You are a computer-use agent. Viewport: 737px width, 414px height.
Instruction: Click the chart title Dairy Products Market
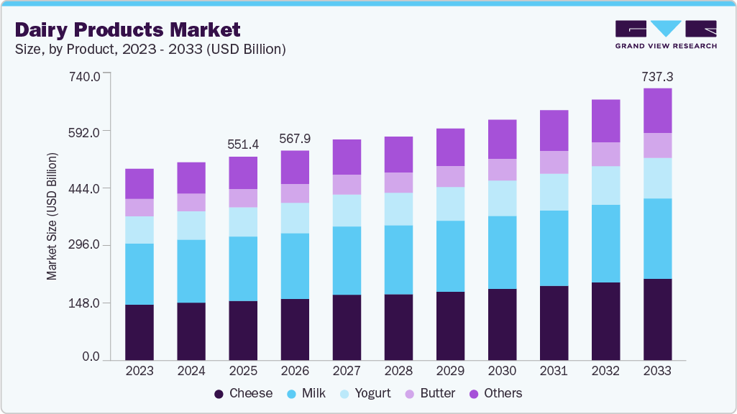tap(127, 29)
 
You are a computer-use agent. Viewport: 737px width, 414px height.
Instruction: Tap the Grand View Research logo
tap(665, 34)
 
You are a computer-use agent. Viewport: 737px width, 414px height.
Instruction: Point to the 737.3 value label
tap(657, 76)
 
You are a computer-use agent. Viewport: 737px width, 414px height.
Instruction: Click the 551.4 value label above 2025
tap(243, 144)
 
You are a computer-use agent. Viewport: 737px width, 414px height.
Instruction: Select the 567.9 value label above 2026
tap(295, 139)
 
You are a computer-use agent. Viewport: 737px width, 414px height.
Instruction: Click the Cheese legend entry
tap(243, 393)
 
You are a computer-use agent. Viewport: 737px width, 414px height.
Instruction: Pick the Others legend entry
tap(495, 393)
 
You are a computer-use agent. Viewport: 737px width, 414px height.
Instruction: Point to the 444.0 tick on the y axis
tap(85, 188)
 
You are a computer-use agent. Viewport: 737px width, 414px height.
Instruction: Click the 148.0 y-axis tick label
tap(85, 303)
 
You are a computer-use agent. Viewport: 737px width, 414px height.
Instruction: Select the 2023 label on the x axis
tap(139, 371)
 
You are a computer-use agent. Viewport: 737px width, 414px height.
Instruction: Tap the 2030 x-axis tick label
tap(502, 371)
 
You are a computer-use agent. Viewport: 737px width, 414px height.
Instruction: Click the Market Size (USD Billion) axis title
tap(52, 216)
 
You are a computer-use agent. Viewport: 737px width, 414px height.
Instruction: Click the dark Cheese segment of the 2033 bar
tap(657, 319)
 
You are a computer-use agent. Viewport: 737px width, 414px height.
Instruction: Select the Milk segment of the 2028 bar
tap(398, 259)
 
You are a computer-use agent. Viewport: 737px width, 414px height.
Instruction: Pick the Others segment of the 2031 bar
tap(554, 130)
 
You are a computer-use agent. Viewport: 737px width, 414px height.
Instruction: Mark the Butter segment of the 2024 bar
tap(191, 202)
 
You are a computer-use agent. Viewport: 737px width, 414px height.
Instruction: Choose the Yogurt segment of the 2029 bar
tap(450, 203)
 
